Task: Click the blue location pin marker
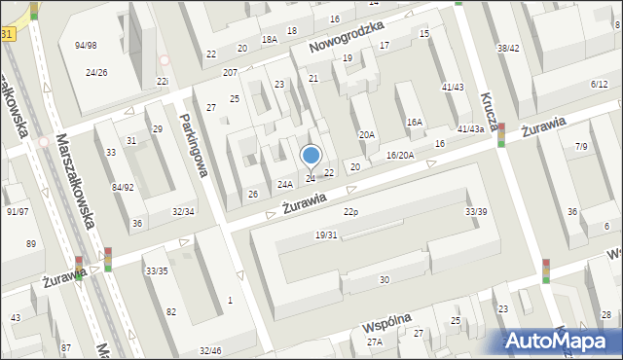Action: click(x=311, y=156)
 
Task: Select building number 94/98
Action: click(x=86, y=46)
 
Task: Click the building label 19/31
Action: click(x=326, y=234)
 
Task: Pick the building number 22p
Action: click(x=350, y=212)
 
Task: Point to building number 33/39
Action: click(x=476, y=211)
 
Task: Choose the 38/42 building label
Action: click(x=508, y=48)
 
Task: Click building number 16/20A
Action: click(x=400, y=155)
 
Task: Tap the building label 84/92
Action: click(x=123, y=187)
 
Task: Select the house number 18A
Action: click(x=270, y=39)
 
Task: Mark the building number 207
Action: click(x=230, y=73)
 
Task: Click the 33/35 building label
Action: click(x=156, y=270)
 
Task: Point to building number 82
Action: click(x=171, y=311)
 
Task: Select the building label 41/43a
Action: click(x=470, y=128)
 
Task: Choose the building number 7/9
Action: click(x=581, y=146)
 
